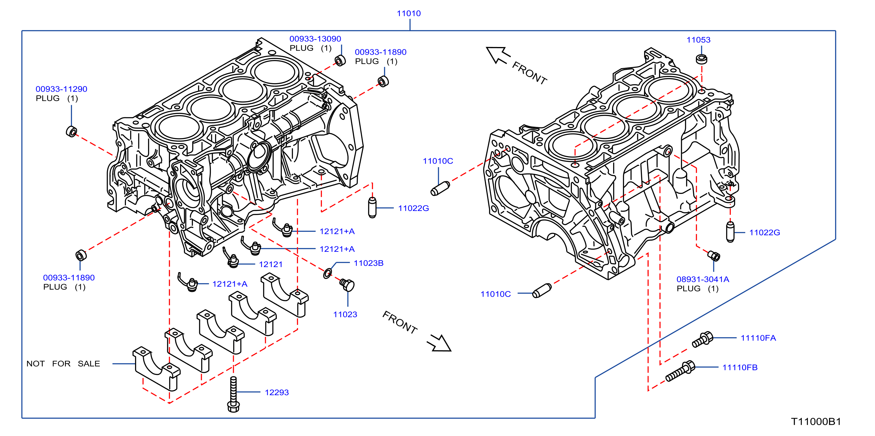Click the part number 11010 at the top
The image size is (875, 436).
[x=409, y=14]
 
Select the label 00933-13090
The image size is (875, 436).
[x=315, y=39]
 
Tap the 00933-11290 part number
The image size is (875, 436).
[x=61, y=89]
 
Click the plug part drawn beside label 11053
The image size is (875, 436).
[x=701, y=59]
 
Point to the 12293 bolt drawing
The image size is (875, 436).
[x=233, y=394]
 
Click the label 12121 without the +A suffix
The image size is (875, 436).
[x=271, y=264]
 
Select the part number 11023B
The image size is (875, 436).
[x=369, y=263]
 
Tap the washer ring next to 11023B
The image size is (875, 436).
[x=327, y=274]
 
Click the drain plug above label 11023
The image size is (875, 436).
[x=347, y=285]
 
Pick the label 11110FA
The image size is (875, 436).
[x=758, y=338]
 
